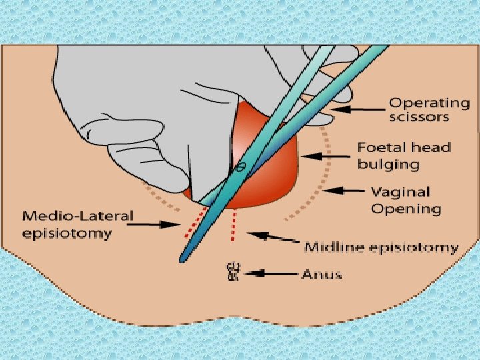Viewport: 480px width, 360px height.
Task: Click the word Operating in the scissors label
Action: (429, 103)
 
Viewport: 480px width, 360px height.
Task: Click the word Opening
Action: (405, 209)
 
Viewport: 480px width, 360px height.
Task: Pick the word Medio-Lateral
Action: (78, 216)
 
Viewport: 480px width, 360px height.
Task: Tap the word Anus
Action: (322, 273)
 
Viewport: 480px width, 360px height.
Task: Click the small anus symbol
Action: (233, 271)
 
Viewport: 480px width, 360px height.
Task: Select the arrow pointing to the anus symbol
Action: (271, 273)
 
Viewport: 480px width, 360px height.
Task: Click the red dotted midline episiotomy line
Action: (233, 227)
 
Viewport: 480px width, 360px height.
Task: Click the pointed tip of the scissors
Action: (181, 259)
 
